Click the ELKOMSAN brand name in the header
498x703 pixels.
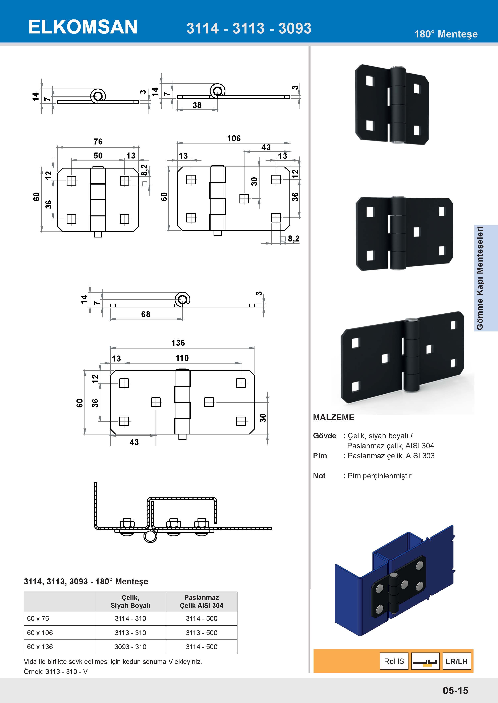click(x=83, y=27)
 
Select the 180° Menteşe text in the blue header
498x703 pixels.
click(x=446, y=34)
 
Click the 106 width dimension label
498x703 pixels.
click(x=234, y=138)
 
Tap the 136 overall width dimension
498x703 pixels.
click(x=178, y=343)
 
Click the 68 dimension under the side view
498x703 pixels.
click(x=146, y=314)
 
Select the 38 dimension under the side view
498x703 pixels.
click(x=197, y=105)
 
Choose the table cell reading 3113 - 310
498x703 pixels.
click(x=130, y=633)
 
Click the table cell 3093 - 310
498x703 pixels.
click(x=130, y=647)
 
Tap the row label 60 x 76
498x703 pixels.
click(x=38, y=618)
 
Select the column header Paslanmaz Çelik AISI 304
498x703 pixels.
click(x=202, y=601)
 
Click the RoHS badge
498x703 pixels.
click(x=394, y=661)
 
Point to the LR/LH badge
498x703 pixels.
click(x=457, y=661)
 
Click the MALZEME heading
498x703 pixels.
click(x=333, y=417)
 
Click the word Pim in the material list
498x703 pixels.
click(x=320, y=456)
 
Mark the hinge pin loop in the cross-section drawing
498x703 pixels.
click(x=150, y=536)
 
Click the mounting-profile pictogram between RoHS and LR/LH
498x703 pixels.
click(x=425, y=661)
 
